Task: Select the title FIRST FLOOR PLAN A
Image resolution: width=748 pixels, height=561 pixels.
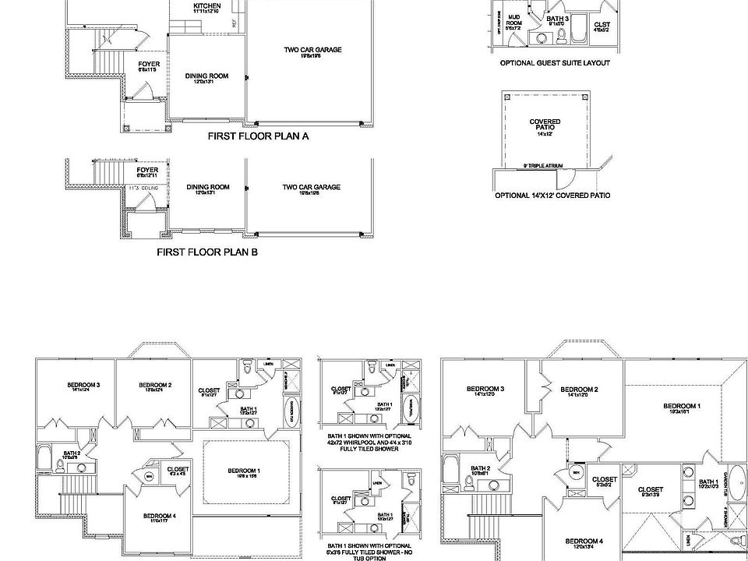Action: (258, 136)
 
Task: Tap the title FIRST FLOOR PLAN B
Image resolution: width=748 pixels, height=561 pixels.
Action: (207, 252)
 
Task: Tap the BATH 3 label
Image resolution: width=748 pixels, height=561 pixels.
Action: (556, 19)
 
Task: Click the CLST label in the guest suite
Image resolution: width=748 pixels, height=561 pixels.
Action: (602, 26)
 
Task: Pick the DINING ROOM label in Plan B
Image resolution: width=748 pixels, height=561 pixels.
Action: (207, 188)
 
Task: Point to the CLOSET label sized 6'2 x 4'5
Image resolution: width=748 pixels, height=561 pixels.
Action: (178, 470)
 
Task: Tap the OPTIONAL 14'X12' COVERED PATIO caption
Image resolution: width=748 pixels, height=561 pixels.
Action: (552, 196)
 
